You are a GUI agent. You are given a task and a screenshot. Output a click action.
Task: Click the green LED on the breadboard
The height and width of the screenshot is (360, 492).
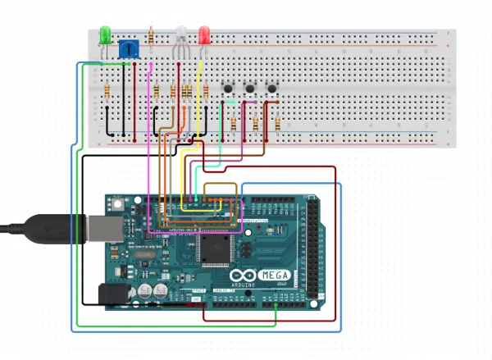point(105,35)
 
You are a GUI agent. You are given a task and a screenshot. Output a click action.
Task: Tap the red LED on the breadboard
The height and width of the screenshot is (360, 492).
point(204,35)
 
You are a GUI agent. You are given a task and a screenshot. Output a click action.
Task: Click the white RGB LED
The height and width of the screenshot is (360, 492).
point(181,34)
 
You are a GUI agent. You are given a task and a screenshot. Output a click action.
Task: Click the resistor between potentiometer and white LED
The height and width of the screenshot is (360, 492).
point(152,37)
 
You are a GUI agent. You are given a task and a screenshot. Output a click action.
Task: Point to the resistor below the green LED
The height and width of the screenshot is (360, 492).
point(107,91)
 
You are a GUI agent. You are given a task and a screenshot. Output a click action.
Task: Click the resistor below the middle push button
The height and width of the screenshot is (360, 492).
point(257,124)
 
